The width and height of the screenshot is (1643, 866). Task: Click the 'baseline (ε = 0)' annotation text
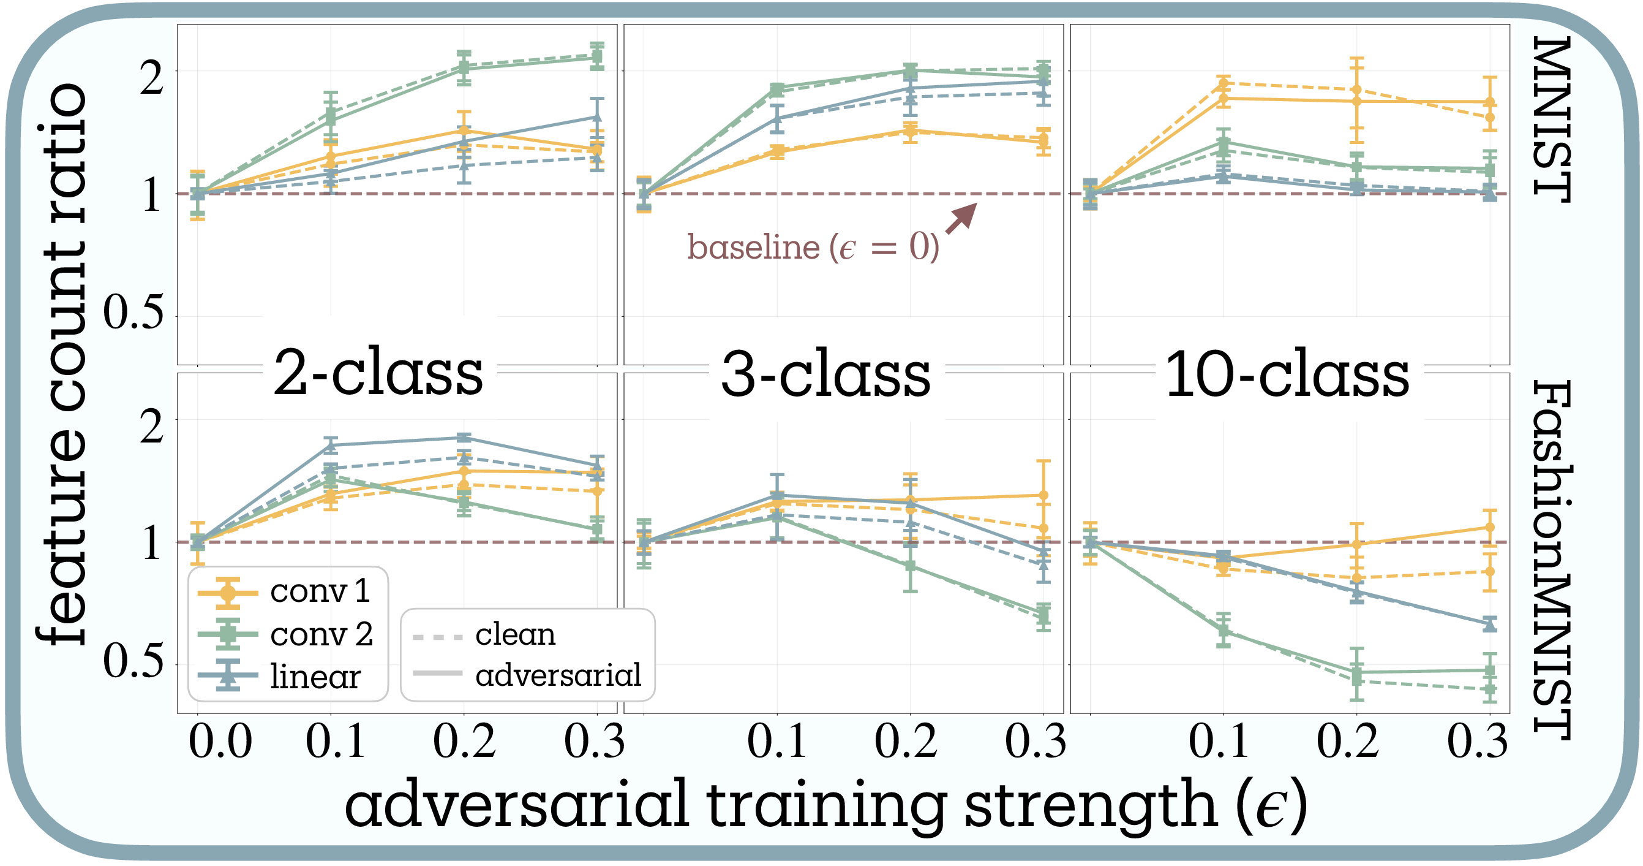tap(813, 247)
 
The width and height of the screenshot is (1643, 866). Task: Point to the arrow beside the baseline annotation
tap(961, 218)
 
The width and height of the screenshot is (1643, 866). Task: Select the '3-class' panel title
tap(826, 374)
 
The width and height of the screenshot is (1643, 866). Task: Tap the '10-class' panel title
tap(1287, 374)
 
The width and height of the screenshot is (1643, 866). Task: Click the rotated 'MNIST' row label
tap(1551, 120)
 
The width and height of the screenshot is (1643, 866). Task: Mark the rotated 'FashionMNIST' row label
tap(1551, 560)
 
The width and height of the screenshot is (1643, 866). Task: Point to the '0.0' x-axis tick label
tap(220, 742)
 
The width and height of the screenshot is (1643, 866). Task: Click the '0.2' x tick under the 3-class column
tap(906, 742)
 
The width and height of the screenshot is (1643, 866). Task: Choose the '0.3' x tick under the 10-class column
tap(1477, 742)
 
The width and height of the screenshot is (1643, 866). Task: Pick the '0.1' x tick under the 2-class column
tap(336, 742)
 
